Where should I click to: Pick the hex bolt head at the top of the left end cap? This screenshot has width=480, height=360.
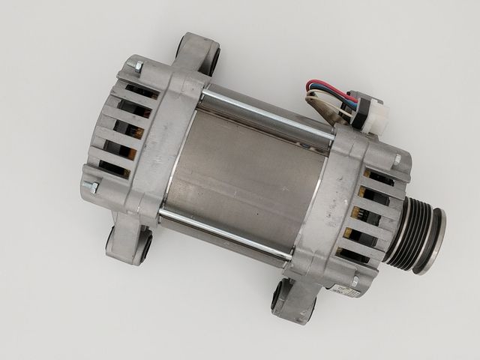tap(138, 67)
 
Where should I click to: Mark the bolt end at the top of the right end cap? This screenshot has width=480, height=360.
tap(397, 159)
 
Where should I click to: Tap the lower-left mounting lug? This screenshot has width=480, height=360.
tap(127, 241)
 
